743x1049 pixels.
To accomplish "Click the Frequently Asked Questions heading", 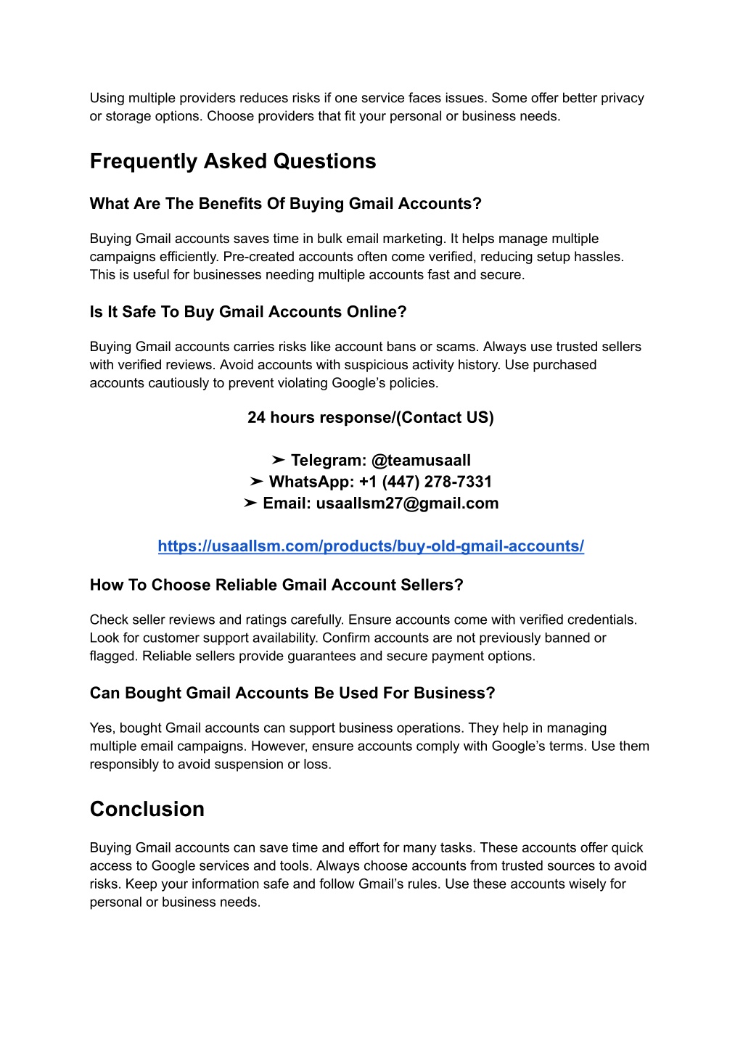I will pyautogui.click(x=233, y=161).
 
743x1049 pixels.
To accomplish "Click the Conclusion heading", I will pyautogui.click(x=147, y=809).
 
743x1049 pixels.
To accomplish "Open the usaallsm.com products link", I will pyautogui.click(x=371, y=546).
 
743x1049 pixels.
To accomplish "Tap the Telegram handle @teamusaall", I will pyautogui.click(x=421, y=461).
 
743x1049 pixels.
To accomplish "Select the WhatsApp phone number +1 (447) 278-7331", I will pyautogui.click(x=425, y=482).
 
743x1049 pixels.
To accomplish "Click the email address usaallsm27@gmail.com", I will pyautogui.click(x=407, y=503).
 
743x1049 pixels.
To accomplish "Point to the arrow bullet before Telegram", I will pyautogui.click(x=278, y=461).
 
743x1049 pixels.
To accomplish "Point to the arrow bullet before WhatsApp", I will pyautogui.click(x=256, y=482).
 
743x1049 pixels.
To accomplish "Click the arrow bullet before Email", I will pyautogui.click(x=250, y=503).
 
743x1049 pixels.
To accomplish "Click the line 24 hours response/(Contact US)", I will pyautogui.click(x=371, y=418).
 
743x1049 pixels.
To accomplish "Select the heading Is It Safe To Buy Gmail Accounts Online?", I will pyautogui.click(x=248, y=312).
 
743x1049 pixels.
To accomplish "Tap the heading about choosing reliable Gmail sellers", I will pyautogui.click(x=276, y=585).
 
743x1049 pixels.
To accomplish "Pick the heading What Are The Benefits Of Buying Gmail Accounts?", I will pyautogui.click(x=286, y=204).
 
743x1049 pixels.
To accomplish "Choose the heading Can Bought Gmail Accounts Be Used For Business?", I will pyautogui.click(x=292, y=694).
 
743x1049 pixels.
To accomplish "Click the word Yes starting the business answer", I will pyautogui.click(x=102, y=728).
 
